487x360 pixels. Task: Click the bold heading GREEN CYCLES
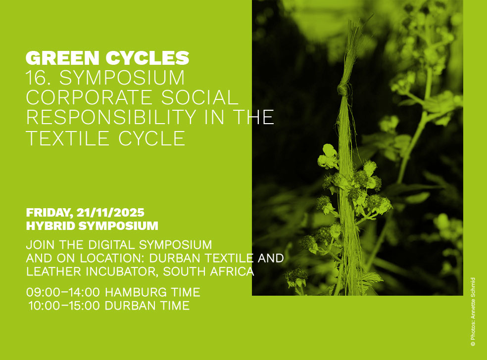[x=107, y=58]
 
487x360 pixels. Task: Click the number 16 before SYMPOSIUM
[x=36, y=78]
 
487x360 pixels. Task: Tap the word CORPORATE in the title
[x=89, y=97]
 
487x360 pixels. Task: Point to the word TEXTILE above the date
[x=67, y=138]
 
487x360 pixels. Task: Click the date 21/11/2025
[x=110, y=213]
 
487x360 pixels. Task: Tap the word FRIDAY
[x=49, y=213]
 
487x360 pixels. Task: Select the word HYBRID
[x=50, y=226]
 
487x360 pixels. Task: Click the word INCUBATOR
[x=122, y=272]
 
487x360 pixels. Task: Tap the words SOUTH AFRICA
[x=209, y=272]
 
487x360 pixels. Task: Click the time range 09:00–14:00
[x=63, y=292]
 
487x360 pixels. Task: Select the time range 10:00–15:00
[x=64, y=306]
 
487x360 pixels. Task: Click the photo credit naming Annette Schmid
[x=473, y=312]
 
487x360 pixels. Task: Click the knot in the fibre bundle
[x=343, y=90]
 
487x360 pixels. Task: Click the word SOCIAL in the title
[x=199, y=97]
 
